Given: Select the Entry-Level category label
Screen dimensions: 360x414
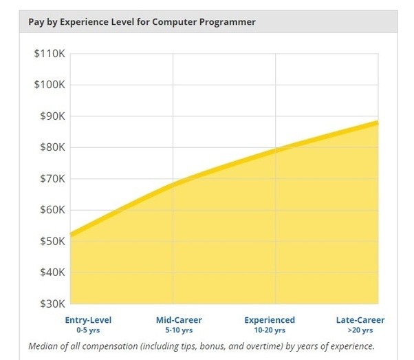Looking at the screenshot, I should pyautogui.click(x=88, y=320).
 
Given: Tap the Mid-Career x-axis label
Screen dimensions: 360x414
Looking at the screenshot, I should pyautogui.click(x=179, y=320).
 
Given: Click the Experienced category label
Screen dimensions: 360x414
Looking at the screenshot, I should pyautogui.click(x=270, y=320).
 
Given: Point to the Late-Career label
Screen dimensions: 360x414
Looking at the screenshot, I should pyautogui.click(x=360, y=320).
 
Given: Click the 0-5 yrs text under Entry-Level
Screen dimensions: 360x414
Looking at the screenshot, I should pyautogui.click(x=88, y=330).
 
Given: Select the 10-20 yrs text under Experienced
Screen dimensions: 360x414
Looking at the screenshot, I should pyautogui.click(x=270, y=330).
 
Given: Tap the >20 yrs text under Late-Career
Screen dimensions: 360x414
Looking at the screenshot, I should pyautogui.click(x=360, y=330).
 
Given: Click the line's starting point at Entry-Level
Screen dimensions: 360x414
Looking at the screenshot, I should pyautogui.click(x=71, y=235).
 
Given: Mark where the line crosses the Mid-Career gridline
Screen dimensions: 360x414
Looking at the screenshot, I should pyautogui.click(x=173, y=184).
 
